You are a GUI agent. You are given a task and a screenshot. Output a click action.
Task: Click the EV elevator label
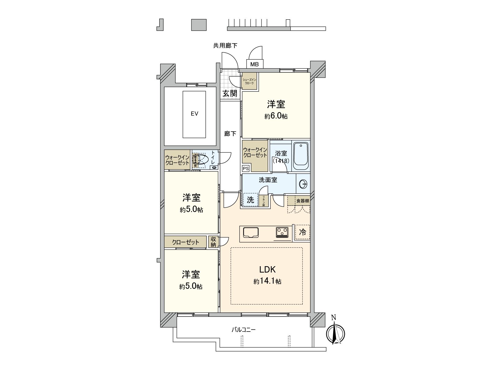[194, 114]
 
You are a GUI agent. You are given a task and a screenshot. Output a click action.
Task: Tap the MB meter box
[254, 64]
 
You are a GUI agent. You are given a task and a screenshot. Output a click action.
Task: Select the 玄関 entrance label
[230, 93]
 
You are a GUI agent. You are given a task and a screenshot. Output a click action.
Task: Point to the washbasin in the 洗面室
[303, 184]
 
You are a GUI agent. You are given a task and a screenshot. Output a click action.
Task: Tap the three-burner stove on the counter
[282, 232]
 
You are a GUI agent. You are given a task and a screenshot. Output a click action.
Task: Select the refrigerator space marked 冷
[302, 232]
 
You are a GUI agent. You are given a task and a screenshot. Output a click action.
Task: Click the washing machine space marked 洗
[251, 200]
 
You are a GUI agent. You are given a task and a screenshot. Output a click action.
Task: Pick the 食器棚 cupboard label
[302, 201]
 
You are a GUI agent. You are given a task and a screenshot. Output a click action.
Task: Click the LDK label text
[267, 270]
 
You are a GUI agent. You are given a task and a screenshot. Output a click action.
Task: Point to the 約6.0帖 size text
[276, 116]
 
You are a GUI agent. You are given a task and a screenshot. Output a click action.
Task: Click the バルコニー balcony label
[243, 330]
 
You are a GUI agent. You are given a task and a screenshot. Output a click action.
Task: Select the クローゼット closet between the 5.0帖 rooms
[186, 242]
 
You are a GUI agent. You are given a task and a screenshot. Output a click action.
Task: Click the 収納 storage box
[213, 242]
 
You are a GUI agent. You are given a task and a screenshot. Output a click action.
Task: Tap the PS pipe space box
[246, 168]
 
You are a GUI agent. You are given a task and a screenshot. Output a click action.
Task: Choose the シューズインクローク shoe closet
[250, 81]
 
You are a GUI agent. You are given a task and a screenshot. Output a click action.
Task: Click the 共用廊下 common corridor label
[225, 46]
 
